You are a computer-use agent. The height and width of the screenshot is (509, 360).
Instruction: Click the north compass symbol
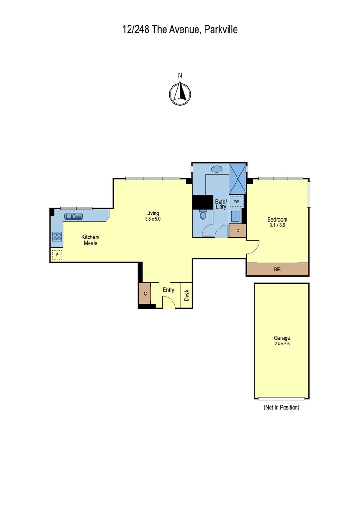click(x=180, y=93)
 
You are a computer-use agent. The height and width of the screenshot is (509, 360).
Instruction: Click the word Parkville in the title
click(x=221, y=30)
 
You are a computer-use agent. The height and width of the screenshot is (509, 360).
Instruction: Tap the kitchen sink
click(x=74, y=216)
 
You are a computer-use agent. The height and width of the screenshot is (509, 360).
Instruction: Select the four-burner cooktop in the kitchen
click(x=57, y=237)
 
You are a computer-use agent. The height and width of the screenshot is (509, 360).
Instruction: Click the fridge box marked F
click(x=57, y=255)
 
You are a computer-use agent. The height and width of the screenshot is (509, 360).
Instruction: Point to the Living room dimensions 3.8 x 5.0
click(x=153, y=219)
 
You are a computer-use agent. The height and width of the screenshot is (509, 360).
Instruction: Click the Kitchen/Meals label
click(x=90, y=240)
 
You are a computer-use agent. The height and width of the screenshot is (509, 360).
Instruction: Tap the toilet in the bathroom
click(x=204, y=215)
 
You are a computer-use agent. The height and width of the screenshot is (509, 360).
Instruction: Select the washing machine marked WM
click(x=237, y=201)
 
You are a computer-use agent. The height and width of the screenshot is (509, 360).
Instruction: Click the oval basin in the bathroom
click(x=217, y=169)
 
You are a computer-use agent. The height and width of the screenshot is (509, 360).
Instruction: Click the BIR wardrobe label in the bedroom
click(x=277, y=270)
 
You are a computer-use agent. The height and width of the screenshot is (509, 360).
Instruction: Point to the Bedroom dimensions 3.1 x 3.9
click(x=277, y=225)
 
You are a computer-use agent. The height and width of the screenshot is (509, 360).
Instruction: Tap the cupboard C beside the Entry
click(x=145, y=294)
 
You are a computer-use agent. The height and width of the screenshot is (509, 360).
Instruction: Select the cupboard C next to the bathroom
click(x=238, y=230)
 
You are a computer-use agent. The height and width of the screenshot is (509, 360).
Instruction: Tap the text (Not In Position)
click(x=281, y=407)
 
